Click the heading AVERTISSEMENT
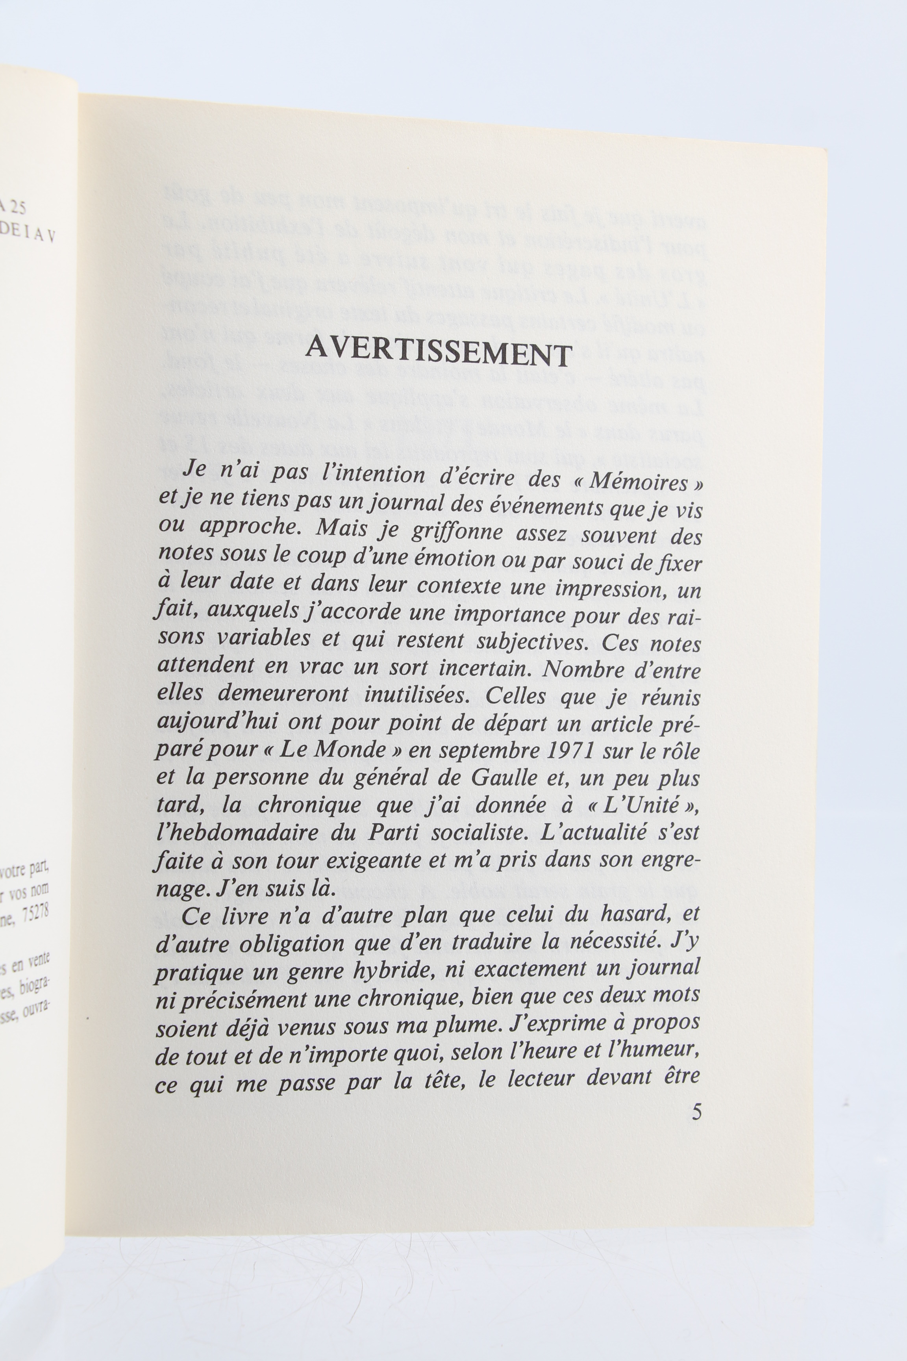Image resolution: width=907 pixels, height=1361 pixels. pyautogui.click(x=439, y=352)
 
